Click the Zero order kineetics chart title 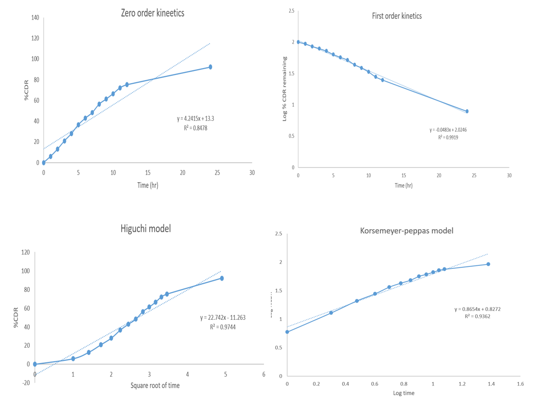pyautogui.click(x=153, y=13)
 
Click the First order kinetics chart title pyautogui.click(x=397, y=16)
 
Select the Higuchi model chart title pyautogui.click(x=145, y=228)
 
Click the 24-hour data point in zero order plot pyautogui.click(x=210, y=67)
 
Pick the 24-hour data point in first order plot pyautogui.click(x=467, y=111)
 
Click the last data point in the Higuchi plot pyautogui.click(x=222, y=278)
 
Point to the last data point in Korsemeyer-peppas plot pyautogui.click(x=488, y=264)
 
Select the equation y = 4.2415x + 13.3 pyautogui.click(x=195, y=119)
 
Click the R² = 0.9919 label pyautogui.click(x=448, y=138)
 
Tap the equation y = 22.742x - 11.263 pyautogui.click(x=222, y=317)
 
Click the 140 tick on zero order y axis pyautogui.click(x=36, y=18)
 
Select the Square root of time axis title pyautogui.click(x=155, y=385)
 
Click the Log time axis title pyautogui.click(x=404, y=394)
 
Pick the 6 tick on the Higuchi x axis pyautogui.click(x=264, y=375)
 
